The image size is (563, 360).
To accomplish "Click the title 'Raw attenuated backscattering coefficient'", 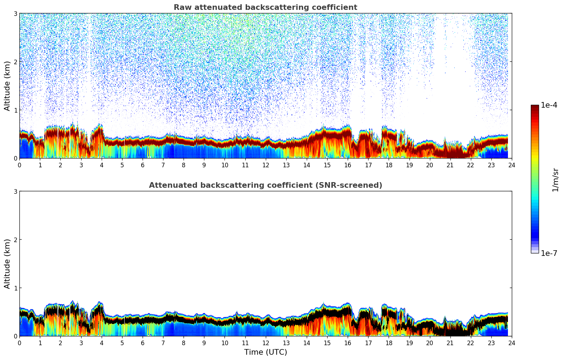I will (265, 7).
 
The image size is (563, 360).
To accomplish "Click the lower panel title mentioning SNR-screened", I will (265, 185).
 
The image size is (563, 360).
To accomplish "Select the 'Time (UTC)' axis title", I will (265, 352).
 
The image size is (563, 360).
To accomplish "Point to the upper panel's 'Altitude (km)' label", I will (7, 86).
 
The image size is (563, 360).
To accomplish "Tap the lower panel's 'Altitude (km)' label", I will (7, 264).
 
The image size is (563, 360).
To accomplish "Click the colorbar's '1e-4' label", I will (549, 105).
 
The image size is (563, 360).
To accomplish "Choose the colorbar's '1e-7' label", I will (549, 253).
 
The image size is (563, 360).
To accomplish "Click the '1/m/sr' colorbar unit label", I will (555, 180).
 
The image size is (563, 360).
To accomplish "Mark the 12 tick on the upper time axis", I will (265, 165).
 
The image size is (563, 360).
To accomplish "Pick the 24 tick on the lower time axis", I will (511, 343).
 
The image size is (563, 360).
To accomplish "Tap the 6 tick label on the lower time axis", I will (143, 343).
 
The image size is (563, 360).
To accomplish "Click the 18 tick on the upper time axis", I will (389, 165).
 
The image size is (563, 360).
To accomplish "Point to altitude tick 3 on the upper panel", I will (16, 13).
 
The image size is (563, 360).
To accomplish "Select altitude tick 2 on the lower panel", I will (16, 240).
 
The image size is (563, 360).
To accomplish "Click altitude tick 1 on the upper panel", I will (16, 110).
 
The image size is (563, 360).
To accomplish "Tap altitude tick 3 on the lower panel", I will (16, 191).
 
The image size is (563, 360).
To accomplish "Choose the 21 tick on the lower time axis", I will (450, 343).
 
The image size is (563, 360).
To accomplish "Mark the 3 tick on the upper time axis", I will (81, 165).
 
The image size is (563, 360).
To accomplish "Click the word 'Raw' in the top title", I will (181, 7).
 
